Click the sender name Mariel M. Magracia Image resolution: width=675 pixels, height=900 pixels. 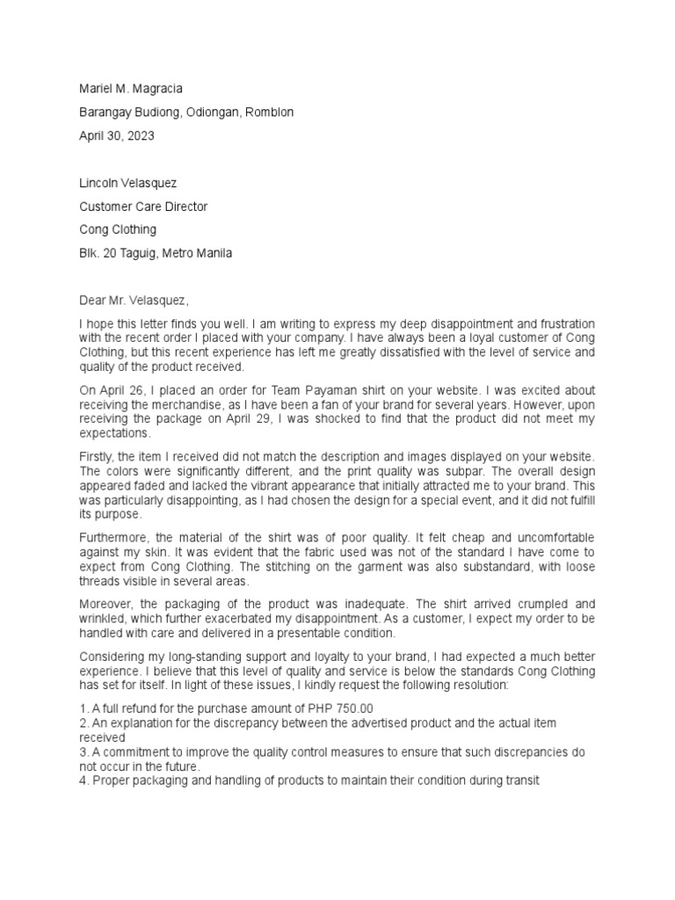[x=132, y=89]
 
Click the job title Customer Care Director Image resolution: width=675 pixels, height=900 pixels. [x=143, y=207]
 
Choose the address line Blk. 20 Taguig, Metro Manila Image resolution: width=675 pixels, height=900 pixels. [x=156, y=253]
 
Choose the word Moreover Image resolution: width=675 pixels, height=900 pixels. [x=106, y=604]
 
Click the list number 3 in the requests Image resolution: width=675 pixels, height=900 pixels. [x=83, y=753]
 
